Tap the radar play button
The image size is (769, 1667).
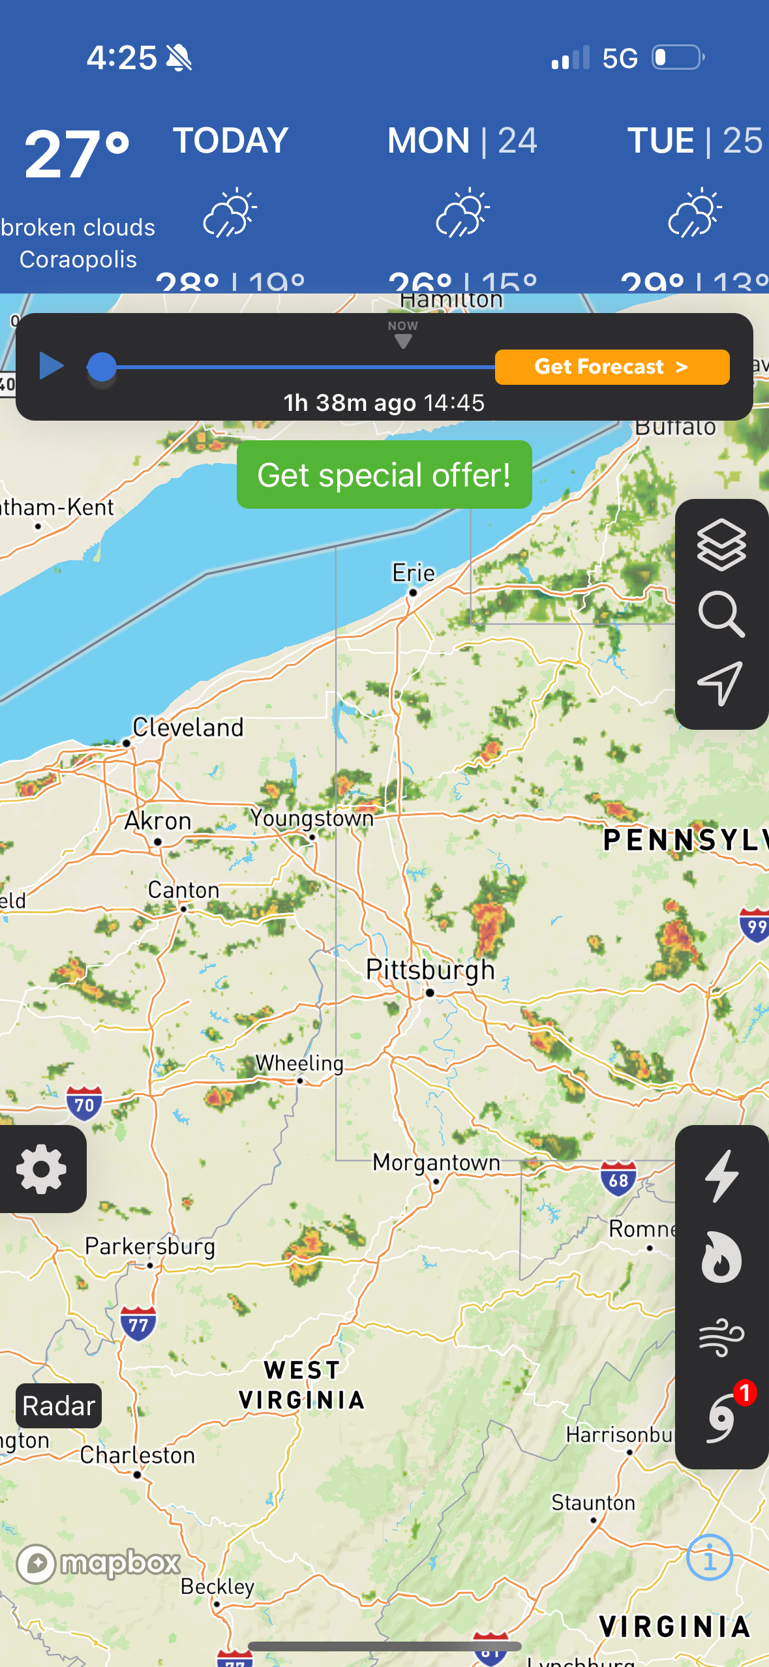(51, 366)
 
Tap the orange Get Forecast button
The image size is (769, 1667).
(612, 367)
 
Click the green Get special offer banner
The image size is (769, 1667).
(384, 475)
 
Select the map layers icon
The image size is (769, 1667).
(721, 545)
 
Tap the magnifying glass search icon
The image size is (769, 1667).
(721, 614)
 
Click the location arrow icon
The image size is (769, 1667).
(721, 683)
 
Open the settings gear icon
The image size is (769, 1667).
(42, 1169)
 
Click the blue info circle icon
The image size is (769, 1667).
(710, 1557)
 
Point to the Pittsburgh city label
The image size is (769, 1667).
(430, 970)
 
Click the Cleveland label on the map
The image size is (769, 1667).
(188, 728)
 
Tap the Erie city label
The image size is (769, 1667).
(414, 573)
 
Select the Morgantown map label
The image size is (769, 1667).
(436, 1163)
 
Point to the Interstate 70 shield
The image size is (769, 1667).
(85, 1104)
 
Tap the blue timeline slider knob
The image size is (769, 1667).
(102, 367)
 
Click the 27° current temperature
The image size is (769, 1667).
(76, 155)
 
